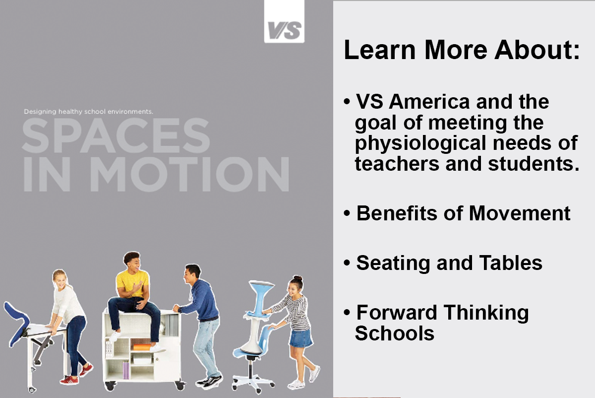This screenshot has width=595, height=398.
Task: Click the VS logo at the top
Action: coord(284,30)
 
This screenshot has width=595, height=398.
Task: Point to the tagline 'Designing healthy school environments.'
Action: coord(88,112)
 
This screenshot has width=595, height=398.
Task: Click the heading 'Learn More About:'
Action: coord(462,51)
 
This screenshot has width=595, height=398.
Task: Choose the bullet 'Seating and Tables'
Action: coord(449,263)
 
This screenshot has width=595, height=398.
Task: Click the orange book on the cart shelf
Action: coord(142,347)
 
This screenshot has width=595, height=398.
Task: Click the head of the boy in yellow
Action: coord(132,262)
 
